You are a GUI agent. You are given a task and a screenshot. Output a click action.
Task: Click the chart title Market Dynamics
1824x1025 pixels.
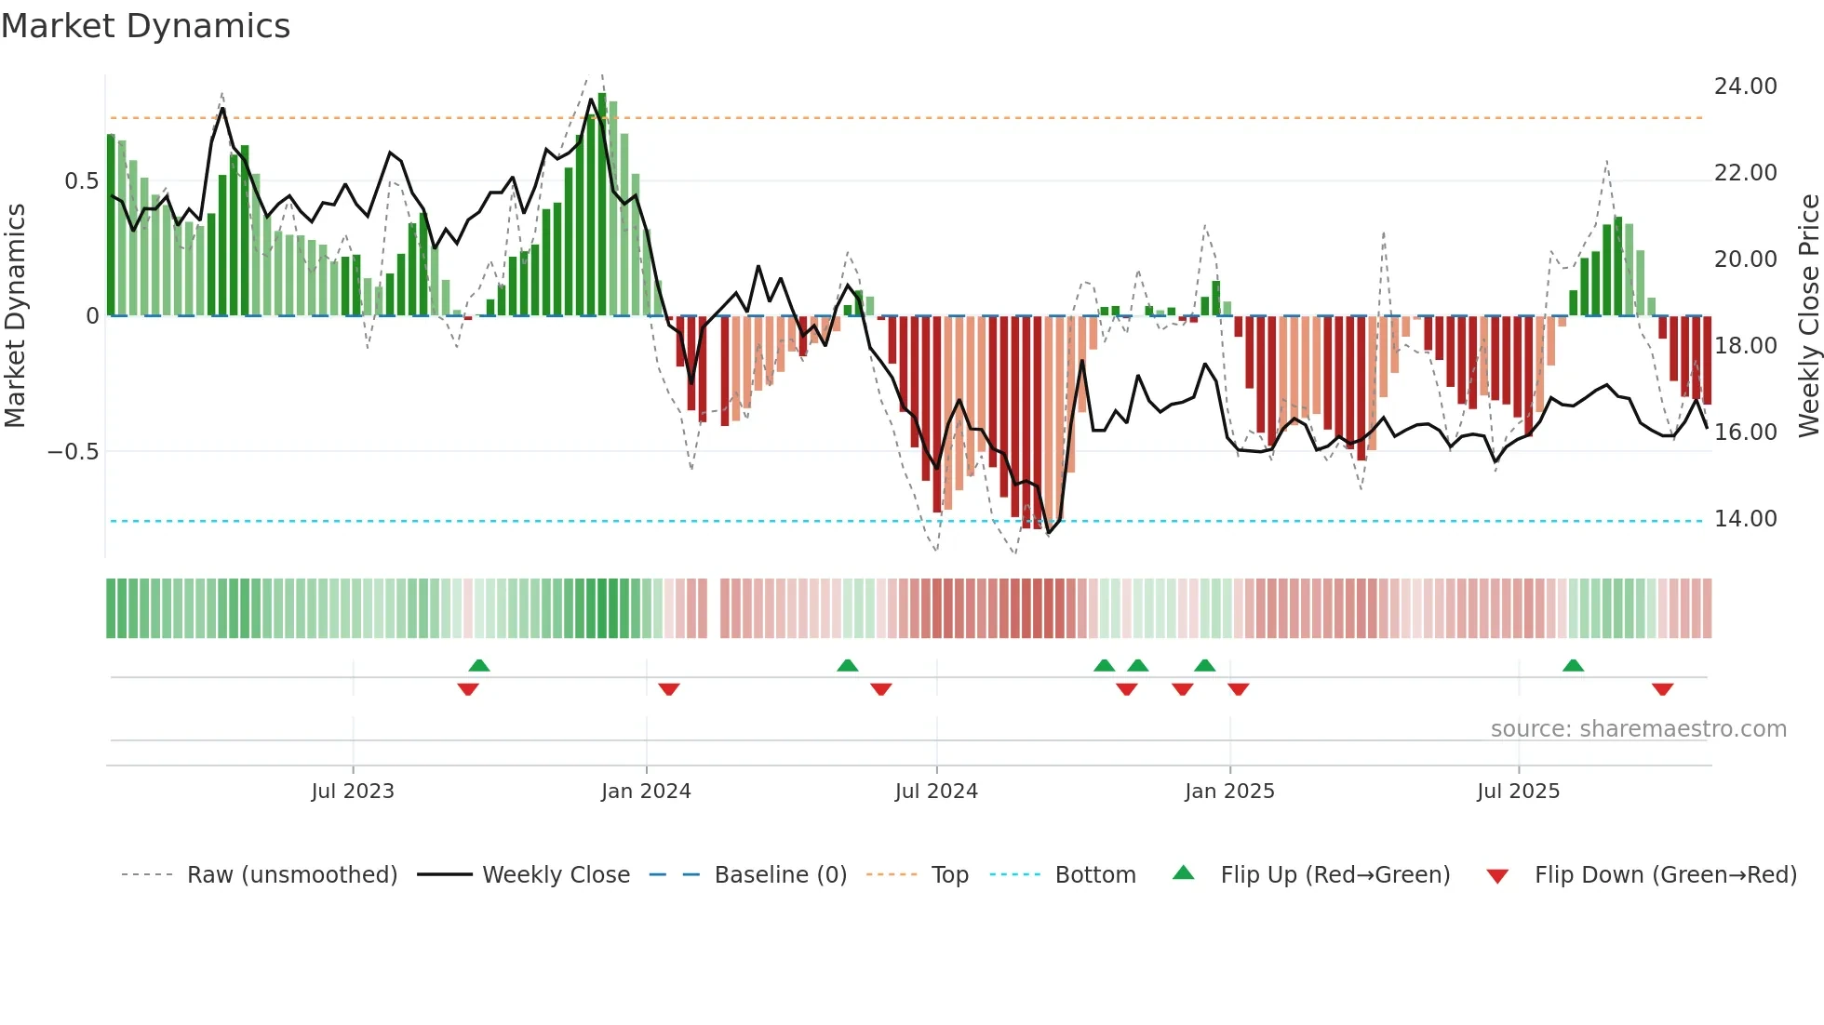[145, 26]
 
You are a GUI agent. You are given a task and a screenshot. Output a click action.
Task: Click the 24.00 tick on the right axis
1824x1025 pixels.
[1745, 87]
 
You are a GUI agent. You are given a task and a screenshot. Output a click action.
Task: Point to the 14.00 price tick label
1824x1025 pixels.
[1745, 519]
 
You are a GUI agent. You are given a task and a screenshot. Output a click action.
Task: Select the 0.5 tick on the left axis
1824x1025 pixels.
[81, 181]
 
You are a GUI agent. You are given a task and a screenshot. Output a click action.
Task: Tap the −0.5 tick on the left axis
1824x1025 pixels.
[73, 452]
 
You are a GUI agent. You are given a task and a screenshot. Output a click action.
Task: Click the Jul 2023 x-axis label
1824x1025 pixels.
[353, 792]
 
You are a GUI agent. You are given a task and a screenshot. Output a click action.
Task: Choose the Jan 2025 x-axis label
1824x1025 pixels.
[1229, 792]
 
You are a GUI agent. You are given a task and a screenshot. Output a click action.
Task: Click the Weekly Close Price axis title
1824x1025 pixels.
[1808, 316]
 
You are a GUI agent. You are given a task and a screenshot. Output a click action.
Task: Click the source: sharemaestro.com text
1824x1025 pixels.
[1638, 729]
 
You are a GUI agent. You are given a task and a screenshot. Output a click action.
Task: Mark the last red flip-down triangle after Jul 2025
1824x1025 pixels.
[1663, 689]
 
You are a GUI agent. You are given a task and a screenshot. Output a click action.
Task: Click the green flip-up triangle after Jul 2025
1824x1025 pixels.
[1573, 665]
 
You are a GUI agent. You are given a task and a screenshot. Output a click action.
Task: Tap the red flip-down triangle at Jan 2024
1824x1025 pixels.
[669, 689]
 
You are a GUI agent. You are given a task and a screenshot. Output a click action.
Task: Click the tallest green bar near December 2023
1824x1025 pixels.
[602, 205]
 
